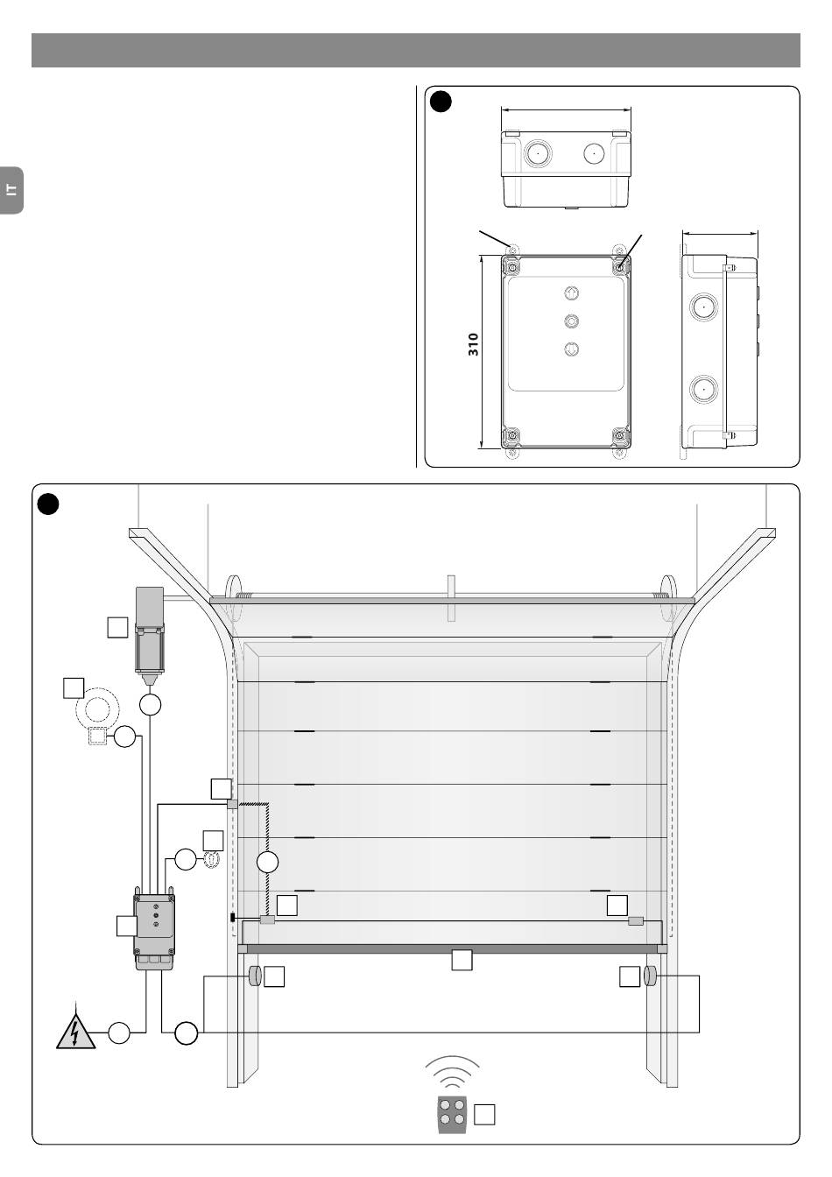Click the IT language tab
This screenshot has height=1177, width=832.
click(x=11, y=190)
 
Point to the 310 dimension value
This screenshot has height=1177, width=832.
click(x=473, y=345)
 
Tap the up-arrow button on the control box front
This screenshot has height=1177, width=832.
click(x=571, y=293)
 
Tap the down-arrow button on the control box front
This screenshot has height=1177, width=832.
click(x=571, y=349)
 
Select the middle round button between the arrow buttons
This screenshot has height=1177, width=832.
click(x=571, y=321)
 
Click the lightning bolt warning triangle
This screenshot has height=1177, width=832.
click(x=76, y=1032)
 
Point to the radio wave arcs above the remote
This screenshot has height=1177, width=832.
click(x=452, y=1072)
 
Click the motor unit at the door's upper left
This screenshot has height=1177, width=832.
click(x=150, y=635)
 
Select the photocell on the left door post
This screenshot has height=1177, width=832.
click(x=255, y=976)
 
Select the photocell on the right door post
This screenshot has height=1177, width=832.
click(x=650, y=976)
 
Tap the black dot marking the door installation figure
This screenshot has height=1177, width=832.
click(x=48, y=504)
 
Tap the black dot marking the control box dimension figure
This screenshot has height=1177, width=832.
click(x=441, y=102)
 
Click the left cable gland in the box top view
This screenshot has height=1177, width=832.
click(x=538, y=153)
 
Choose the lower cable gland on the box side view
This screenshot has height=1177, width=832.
click(x=704, y=390)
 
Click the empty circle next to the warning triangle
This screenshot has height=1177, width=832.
click(x=119, y=1033)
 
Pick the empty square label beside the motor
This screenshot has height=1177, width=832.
click(x=117, y=627)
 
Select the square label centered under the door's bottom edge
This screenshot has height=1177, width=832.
click(x=462, y=960)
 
